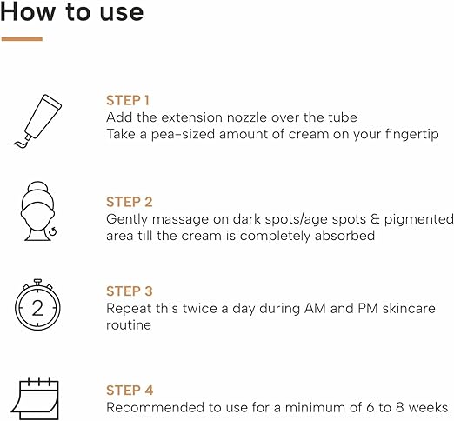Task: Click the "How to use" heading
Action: tap(72, 12)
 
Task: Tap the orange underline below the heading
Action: tap(22, 39)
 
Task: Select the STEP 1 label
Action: tap(128, 101)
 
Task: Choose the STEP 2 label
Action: tap(130, 202)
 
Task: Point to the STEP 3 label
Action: tap(130, 291)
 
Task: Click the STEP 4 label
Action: tap(130, 391)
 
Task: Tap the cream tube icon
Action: tap(38, 121)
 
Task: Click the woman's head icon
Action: tap(38, 211)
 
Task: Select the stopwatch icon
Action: tap(37, 304)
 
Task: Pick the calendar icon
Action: tap(35, 398)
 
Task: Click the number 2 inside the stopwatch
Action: tap(37, 308)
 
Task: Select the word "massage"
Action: tap(180, 220)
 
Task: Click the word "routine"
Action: tap(129, 325)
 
